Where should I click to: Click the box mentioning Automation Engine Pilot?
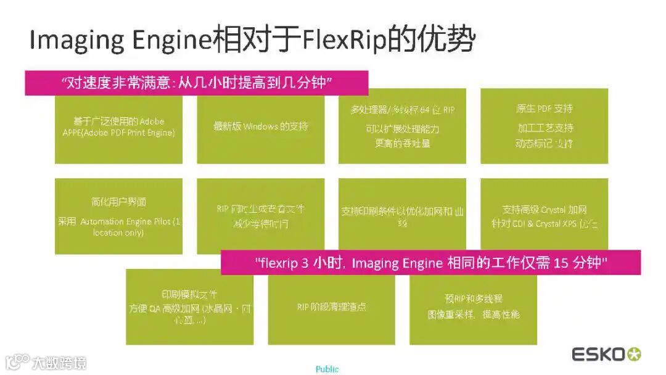coord(118,216)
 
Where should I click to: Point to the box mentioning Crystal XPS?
coord(544,216)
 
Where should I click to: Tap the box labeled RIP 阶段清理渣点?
coord(331,308)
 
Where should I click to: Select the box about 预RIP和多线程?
coord(473,308)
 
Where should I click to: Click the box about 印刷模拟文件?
coord(189,308)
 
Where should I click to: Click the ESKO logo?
coord(598,355)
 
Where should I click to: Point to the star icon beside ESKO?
coord(634,355)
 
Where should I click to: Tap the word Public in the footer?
coord(327,369)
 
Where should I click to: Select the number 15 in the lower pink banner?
coord(559,263)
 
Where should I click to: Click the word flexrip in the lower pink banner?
coord(281,263)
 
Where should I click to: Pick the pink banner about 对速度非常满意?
coord(196,83)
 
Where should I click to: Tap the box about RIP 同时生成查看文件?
coord(260,216)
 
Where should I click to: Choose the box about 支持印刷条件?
coord(402,216)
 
